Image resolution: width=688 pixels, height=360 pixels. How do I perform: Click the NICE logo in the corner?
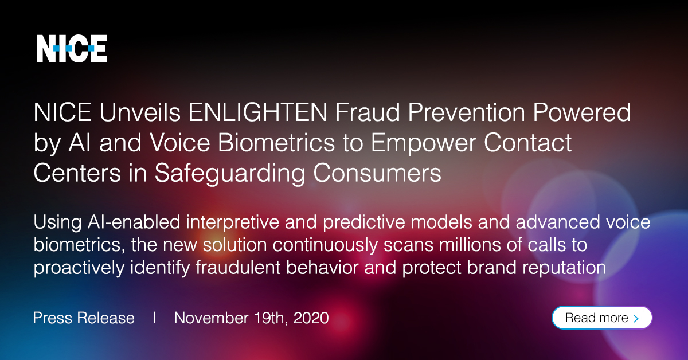(x=72, y=48)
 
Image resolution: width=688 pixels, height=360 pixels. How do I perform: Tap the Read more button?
(x=601, y=318)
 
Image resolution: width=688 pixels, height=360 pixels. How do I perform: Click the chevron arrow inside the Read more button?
(x=636, y=318)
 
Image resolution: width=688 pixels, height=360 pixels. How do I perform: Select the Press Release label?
(x=84, y=318)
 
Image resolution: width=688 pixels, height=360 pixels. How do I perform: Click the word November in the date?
(x=211, y=318)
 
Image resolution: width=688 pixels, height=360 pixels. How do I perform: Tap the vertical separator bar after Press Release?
(x=154, y=318)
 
